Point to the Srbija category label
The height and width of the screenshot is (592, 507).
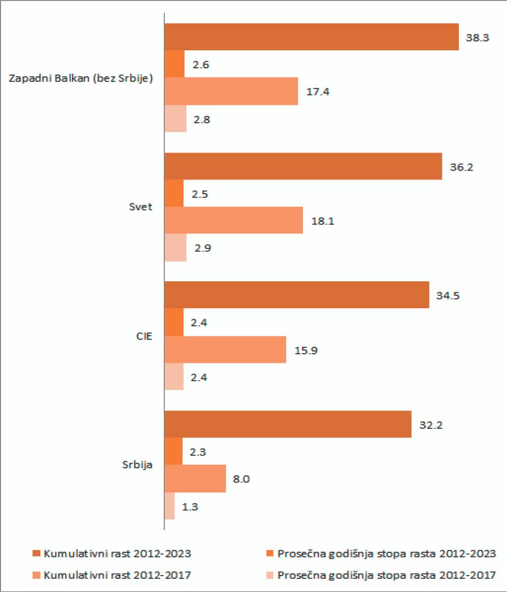[136, 465]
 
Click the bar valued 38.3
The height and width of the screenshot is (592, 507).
[312, 37]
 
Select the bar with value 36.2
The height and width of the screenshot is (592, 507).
[303, 166]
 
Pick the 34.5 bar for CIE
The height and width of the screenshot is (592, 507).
[297, 295]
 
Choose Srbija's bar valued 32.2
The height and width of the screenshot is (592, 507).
[288, 424]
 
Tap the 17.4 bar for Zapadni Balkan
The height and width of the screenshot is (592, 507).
[231, 92]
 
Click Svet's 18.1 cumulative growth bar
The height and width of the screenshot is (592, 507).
[234, 220]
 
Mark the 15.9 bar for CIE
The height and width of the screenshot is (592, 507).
[225, 349]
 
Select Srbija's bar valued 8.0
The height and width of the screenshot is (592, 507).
[195, 479]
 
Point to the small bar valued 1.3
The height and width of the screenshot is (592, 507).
[170, 506]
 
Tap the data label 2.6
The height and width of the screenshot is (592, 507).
[202, 65]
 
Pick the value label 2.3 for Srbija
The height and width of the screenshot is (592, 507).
[199, 452]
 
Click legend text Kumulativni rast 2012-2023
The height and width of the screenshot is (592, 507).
[117, 554]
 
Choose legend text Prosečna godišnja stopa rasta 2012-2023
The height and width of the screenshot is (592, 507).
[386, 554]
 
